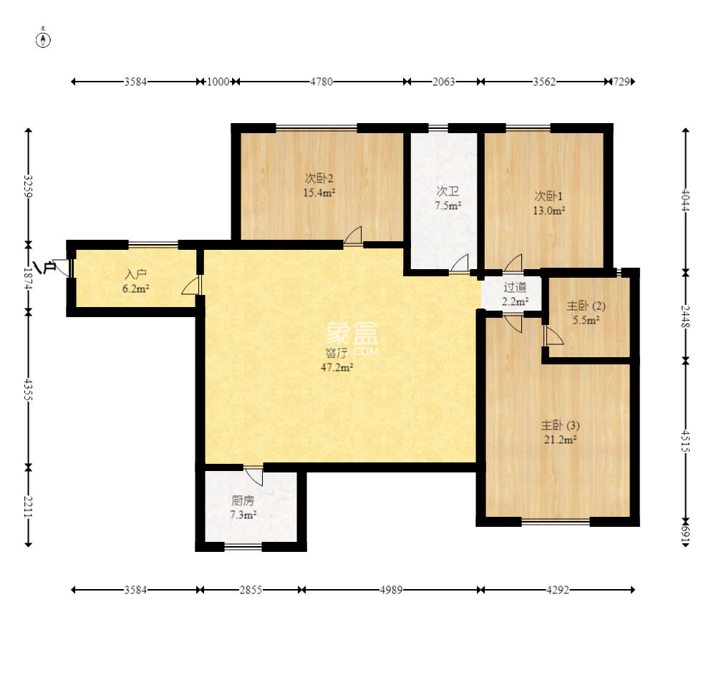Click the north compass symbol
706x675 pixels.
click(43, 39)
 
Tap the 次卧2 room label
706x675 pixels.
click(319, 179)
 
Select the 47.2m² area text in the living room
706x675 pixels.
click(337, 367)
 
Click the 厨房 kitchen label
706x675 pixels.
click(243, 500)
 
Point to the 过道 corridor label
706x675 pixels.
click(515, 287)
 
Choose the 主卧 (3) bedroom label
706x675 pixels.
click(560, 425)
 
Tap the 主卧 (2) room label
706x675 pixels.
click(586, 306)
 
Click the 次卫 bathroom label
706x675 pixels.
click(448, 191)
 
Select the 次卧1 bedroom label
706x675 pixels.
click(548, 196)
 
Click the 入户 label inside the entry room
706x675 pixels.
click(135, 274)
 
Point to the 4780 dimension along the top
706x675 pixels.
click(321, 82)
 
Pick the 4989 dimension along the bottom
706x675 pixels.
click(391, 590)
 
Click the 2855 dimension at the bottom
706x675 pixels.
click(251, 590)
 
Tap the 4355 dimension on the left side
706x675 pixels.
click(28, 389)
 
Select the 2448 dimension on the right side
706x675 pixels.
click(685, 317)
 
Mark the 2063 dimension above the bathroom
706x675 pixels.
click(443, 82)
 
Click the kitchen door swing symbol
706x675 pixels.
click(254, 476)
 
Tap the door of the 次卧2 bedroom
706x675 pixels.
click(353, 236)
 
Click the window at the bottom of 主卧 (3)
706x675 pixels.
click(556, 522)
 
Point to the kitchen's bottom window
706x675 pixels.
click(243, 547)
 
